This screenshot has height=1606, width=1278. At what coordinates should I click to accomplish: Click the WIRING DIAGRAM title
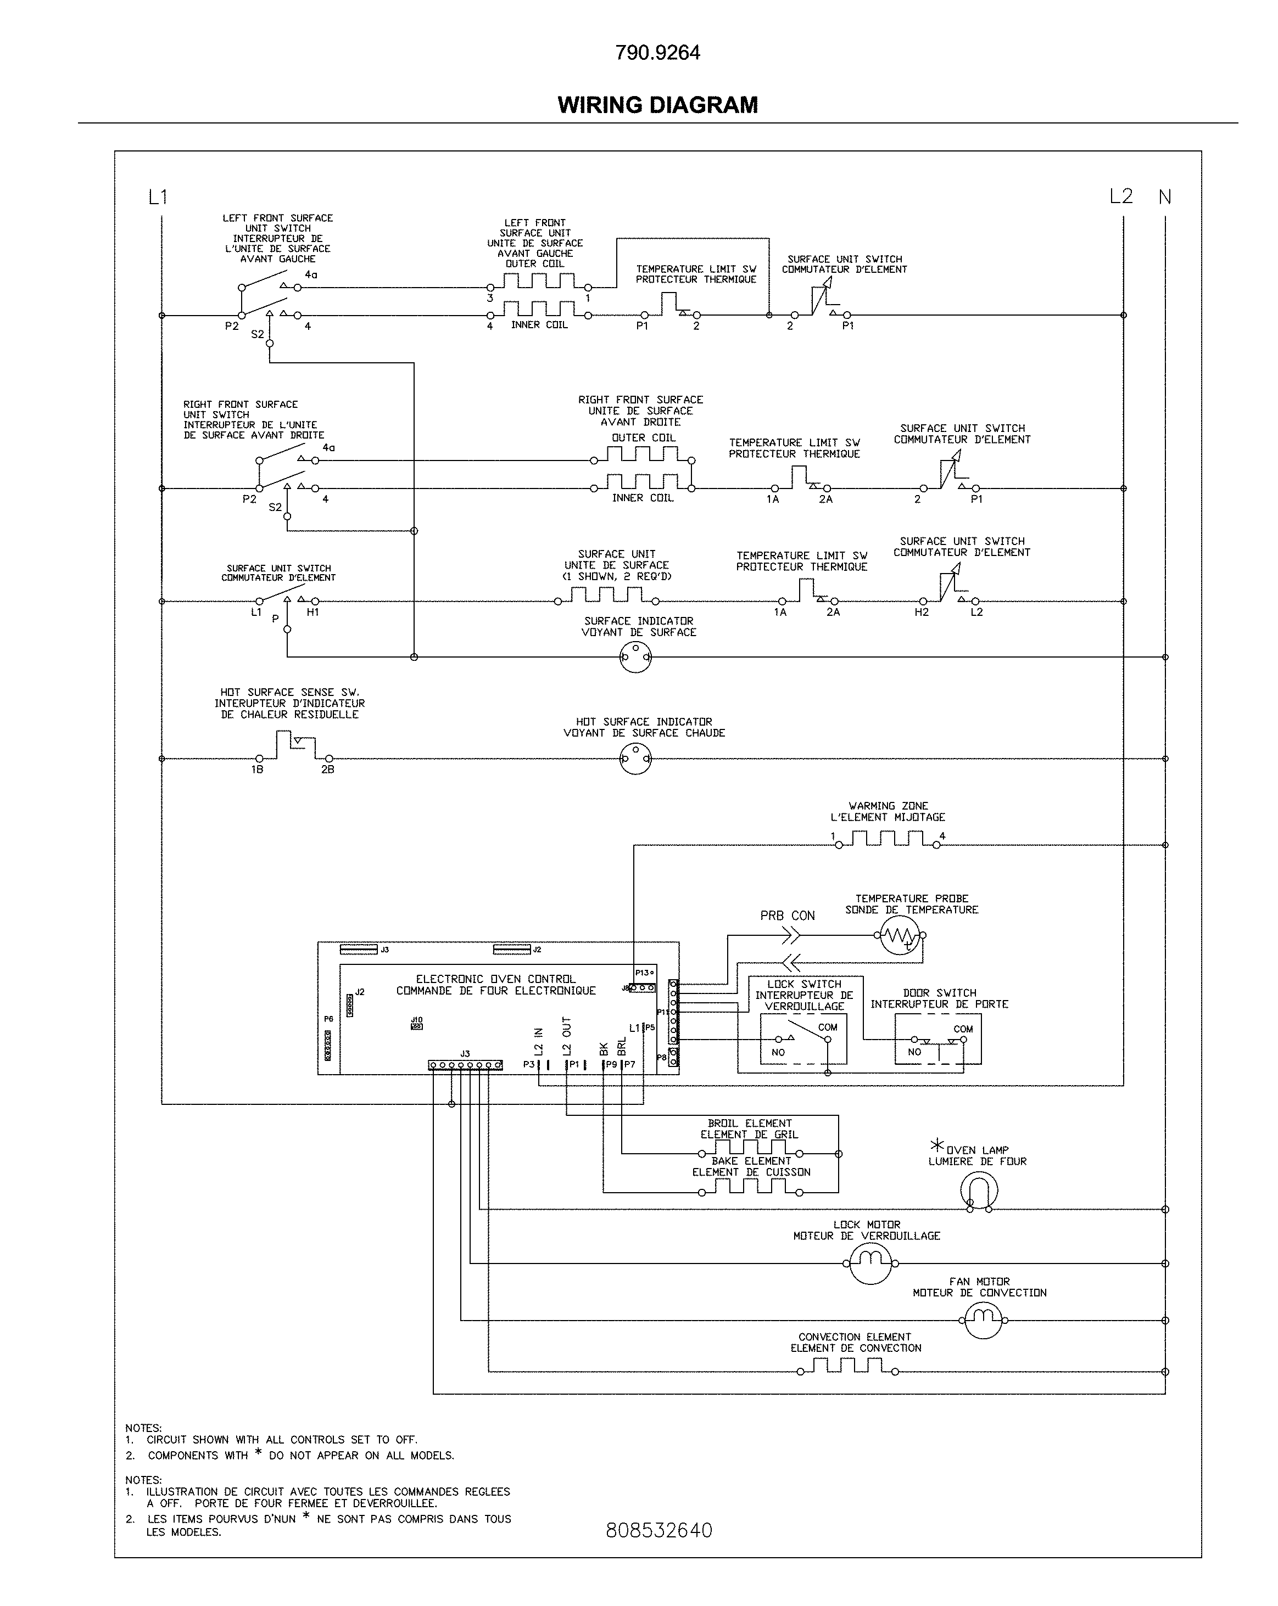657,105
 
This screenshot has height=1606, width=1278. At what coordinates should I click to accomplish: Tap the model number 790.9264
657,53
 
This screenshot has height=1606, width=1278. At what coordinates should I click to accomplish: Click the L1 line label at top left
158,196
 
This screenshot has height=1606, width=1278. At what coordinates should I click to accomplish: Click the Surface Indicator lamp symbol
635,657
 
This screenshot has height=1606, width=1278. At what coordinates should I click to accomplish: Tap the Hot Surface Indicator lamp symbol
635,759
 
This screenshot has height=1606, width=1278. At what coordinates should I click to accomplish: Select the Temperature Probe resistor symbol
900,936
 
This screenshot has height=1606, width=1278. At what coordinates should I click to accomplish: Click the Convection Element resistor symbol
847,1366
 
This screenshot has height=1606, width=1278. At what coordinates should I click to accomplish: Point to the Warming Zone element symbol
888,840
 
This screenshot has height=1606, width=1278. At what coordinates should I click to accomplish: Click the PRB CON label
787,916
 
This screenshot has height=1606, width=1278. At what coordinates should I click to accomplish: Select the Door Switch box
937,1039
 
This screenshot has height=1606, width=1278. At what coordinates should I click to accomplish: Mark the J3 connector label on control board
465,1053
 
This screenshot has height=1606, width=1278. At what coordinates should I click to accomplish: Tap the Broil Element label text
750,1122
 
